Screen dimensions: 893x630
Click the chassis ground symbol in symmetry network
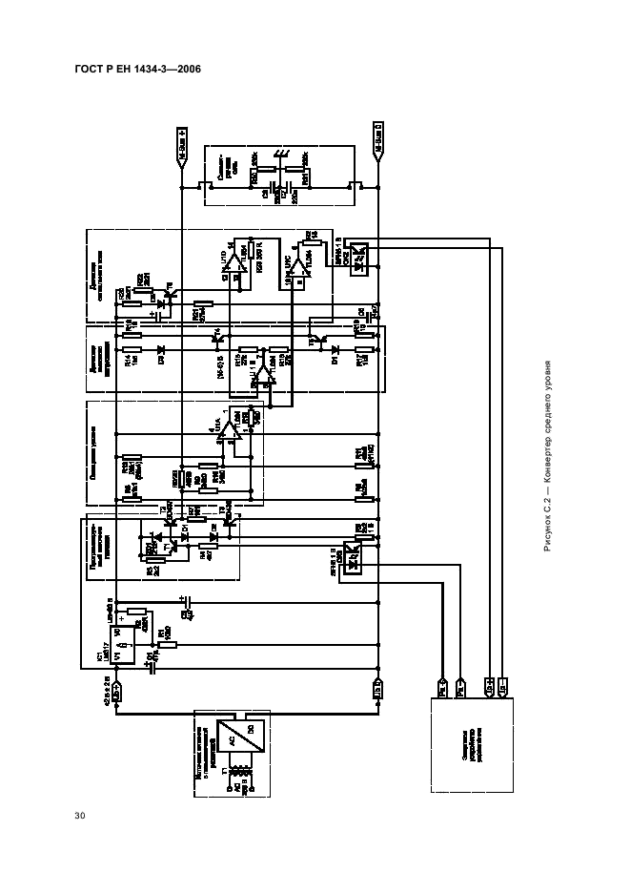(281, 156)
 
